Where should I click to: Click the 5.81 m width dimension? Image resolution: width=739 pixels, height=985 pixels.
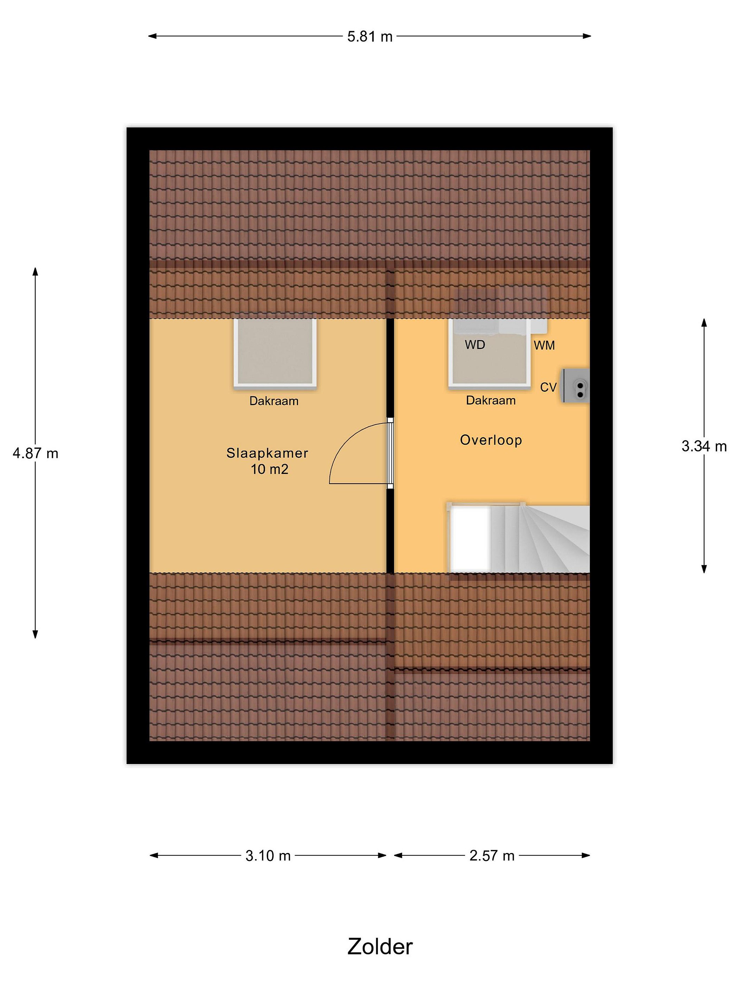[370, 36]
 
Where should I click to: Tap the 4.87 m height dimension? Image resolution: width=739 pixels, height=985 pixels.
[36, 453]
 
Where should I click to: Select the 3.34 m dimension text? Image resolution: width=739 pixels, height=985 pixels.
[704, 446]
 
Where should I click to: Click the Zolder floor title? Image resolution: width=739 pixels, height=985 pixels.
[380, 947]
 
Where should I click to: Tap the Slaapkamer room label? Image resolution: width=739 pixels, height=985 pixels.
[267, 453]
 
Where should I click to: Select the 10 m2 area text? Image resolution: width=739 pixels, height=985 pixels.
[270, 469]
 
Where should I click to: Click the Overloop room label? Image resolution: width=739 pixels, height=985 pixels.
[491, 440]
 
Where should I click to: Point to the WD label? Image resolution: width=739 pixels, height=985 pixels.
[475, 345]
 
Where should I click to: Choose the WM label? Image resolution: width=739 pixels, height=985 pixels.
[544, 345]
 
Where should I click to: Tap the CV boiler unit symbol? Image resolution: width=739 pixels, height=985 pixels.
[575, 386]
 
